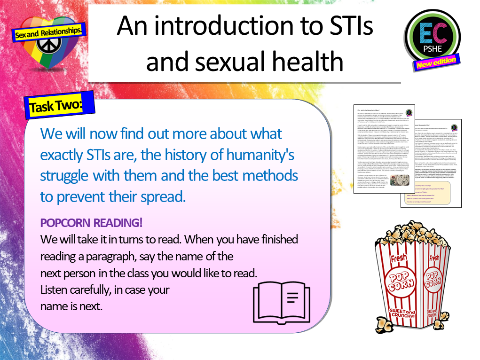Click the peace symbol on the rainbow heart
coord(47,47)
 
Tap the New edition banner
coord(436,62)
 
